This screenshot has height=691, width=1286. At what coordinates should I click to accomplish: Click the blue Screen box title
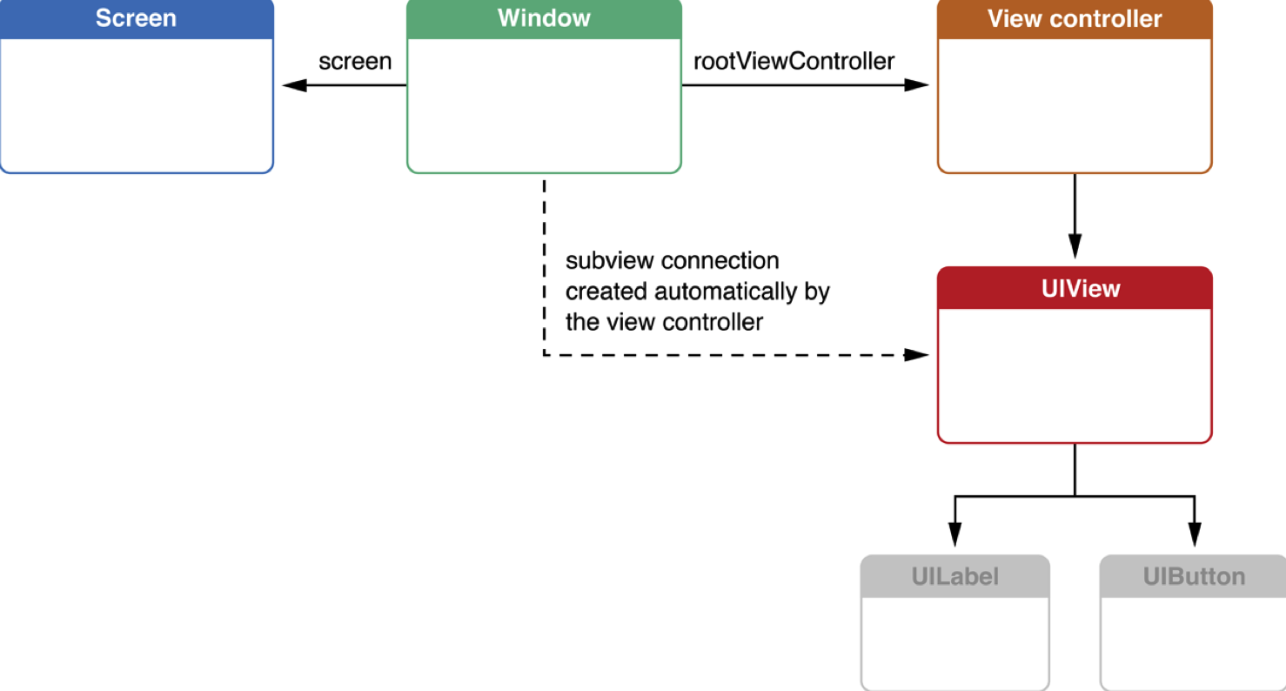click(x=136, y=18)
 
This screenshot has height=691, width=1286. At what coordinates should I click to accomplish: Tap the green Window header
click(x=544, y=18)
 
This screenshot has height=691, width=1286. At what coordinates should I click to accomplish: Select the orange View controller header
click(x=1075, y=18)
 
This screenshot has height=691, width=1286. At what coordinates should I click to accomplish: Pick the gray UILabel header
click(x=955, y=576)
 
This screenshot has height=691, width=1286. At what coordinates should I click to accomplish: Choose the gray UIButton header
click(x=1193, y=576)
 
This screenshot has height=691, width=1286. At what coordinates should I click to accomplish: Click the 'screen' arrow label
click(x=355, y=61)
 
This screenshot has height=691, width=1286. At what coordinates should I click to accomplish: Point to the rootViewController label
click(x=794, y=61)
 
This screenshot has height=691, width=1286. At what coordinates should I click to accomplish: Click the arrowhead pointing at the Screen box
click(x=294, y=85)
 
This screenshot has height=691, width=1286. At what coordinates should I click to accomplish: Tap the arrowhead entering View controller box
click(x=916, y=85)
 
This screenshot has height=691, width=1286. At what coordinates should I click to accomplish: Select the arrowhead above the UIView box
click(x=1075, y=245)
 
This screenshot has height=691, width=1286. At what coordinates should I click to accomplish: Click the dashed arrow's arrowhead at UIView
click(x=916, y=355)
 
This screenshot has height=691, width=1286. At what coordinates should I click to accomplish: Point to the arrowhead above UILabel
click(x=954, y=534)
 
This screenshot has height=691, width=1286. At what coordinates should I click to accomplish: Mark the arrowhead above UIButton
click(x=1195, y=534)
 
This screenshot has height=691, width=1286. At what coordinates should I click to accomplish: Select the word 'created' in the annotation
click(x=606, y=292)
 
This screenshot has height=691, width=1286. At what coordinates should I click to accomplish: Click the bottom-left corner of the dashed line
click(x=545, y=355)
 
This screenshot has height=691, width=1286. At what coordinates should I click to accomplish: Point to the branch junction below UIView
click(x=1075, y=496)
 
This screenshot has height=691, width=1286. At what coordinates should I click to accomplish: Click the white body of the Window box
click(x=544, y=104)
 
